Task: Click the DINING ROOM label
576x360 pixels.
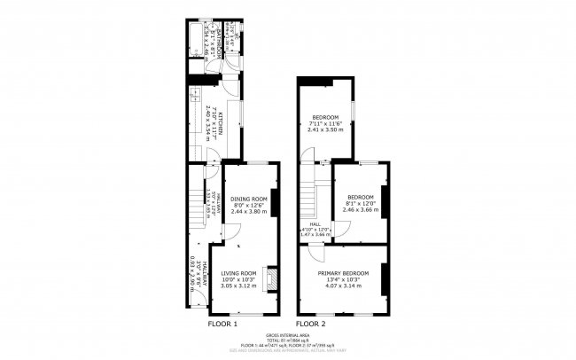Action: click(x=248, y=199)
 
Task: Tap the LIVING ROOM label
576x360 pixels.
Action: click(x=238, y=273)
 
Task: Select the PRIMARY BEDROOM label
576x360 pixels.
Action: click(x=344, y=273)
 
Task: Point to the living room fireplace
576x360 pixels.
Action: click(x=273, y=280)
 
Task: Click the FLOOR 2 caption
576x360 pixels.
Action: click(x=310, y=324)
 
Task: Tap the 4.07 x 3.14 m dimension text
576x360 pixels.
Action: click(x=344, y=286)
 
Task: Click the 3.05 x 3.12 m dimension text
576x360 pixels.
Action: click(x=238, y=286)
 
